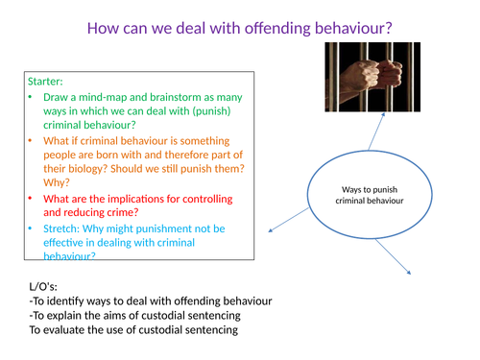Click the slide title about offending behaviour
(239, 28)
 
